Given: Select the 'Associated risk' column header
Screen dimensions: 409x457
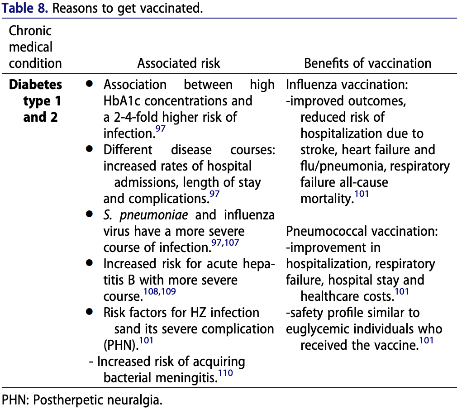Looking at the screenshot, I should point(179,63).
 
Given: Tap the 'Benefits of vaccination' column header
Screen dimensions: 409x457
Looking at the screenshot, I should point(367,63).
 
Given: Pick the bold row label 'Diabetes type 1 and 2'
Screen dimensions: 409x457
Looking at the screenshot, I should point(36,100).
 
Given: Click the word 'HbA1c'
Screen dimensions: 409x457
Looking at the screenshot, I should point(123,101).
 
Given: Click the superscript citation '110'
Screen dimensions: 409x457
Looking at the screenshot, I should point(225,373).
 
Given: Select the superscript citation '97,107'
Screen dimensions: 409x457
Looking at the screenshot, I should point(224,243).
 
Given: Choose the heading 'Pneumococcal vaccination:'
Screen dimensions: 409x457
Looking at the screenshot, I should point(362,232).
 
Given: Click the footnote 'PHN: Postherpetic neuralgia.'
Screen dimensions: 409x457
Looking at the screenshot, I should point(82,400).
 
